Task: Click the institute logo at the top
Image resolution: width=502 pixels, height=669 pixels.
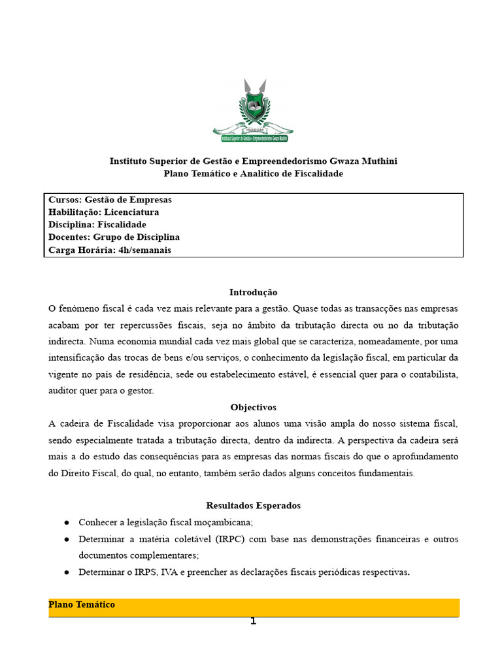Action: tap(253, 110)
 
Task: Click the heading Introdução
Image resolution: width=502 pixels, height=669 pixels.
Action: tap(253, 292)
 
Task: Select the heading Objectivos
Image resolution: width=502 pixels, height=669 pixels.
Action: tap(253, 407)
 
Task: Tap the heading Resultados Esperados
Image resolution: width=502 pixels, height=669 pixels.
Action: tap(253, 506)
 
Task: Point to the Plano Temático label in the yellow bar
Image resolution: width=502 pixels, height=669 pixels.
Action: tap(82, 605)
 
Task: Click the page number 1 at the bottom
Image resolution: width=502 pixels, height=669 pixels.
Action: tap(254, 621)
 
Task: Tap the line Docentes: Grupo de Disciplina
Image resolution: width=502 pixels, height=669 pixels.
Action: tap(114, 237)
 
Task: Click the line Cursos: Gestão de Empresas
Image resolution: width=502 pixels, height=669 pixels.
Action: tap(110, 200)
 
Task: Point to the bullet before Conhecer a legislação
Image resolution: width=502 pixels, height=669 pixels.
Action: tap(67, 523)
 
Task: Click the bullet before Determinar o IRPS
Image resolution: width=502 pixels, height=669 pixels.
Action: tap(67, 572)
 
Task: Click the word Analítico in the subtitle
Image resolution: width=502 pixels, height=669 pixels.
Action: tap(261, 174)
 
